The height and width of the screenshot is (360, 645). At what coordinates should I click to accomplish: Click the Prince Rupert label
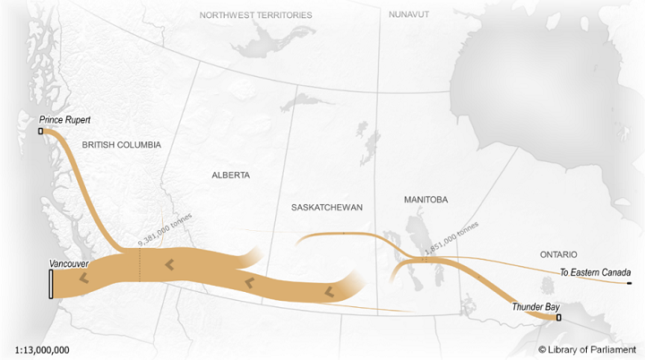point(65,120)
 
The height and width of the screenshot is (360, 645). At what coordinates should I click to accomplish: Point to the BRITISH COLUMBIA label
point(121,144)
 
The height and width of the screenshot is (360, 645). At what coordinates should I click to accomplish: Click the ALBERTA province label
point(230,175)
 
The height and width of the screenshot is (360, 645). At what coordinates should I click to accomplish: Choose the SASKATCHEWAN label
point(327,207)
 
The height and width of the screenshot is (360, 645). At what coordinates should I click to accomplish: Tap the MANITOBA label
point(426,199)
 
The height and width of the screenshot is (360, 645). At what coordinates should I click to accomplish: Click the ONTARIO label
point(558,254)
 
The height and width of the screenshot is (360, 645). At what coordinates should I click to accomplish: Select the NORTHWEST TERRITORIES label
point(256,15)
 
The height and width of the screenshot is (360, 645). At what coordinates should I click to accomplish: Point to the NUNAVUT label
point(410,15)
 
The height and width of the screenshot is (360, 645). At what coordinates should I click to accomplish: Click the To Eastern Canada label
point(596,272)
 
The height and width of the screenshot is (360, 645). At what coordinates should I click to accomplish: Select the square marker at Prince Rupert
point(40,132)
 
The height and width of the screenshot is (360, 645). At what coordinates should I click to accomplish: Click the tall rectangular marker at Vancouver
point(50,284)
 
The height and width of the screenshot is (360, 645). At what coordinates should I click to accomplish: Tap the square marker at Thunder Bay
point(559,317)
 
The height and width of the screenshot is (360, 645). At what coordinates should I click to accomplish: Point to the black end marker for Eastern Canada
point(630,283)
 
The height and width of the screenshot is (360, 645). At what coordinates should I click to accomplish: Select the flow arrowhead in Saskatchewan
point(330,292)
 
